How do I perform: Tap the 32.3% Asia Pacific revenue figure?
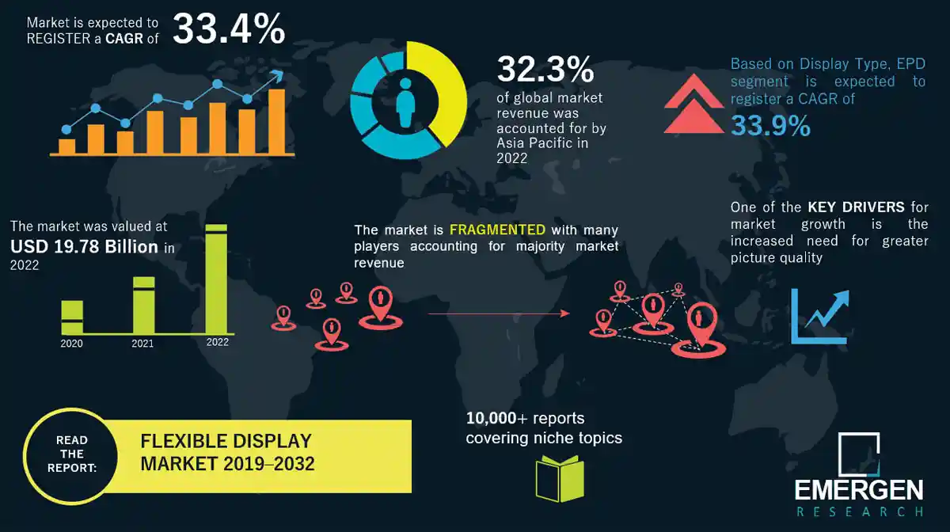(545, 70)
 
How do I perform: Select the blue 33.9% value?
(770, 125)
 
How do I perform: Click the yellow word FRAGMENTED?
(497, 230)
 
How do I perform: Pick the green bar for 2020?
(72, 317)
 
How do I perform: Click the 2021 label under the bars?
(142, 344)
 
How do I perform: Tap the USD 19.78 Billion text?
(85, 247)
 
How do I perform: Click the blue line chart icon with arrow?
(819, 317)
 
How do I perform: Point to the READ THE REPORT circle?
(72, 454)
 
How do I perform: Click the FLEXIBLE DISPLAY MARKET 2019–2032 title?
(227, 453)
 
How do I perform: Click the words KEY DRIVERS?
(856, 207)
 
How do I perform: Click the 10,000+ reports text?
(525, 418)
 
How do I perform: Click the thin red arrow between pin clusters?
(498, 314)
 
